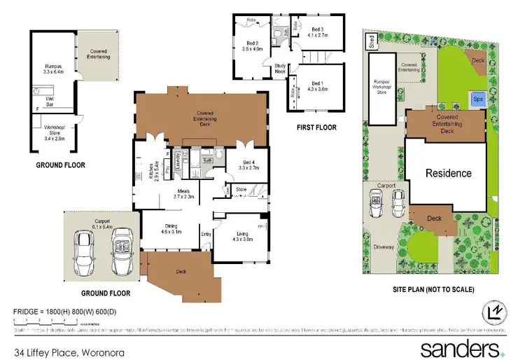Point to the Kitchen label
pyautogui.click(x=151, y=172)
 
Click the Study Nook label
pyautogui.click(x=281, y=68)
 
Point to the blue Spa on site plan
pyautogui.click(x=479, y=99)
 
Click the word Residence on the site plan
pyautogui.click(x=449, y=173)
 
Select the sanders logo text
pyautogui.click(x=458, y=347)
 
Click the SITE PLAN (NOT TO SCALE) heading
pyautogui.click(x=433, y=289)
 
